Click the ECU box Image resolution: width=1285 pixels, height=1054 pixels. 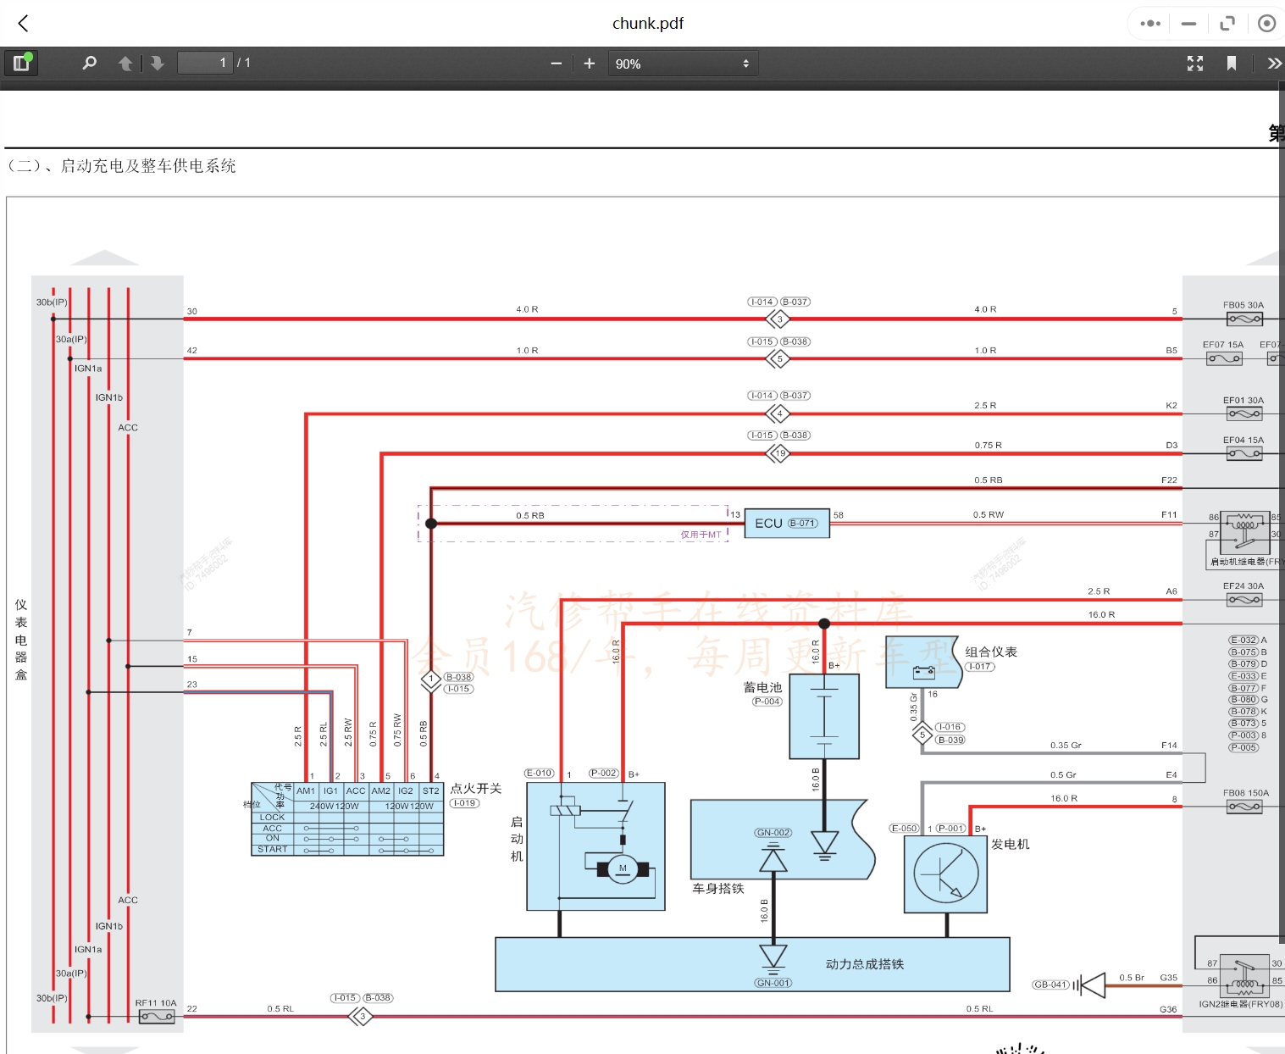point(786,524)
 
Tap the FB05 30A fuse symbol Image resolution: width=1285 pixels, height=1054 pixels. point(1244,319)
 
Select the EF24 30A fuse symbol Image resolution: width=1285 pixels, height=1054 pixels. point(1244,600)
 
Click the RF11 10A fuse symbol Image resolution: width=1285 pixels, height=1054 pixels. point(157,1017)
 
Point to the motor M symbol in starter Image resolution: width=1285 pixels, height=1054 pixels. point(623,868)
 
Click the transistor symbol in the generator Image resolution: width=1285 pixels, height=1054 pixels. point(945,874)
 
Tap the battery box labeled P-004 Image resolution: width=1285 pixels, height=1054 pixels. point(824,716)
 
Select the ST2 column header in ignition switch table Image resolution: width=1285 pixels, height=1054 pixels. point(431,790)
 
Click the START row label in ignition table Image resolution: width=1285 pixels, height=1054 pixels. point(273,849)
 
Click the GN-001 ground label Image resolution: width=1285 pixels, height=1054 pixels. point(773,983)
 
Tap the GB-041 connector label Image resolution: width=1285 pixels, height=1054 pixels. point(1051,985)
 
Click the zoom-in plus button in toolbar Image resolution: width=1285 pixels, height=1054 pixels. point(590,64)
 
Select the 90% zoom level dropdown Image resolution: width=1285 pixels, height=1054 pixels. point(682,64)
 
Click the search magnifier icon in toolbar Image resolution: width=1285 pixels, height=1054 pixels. point(89,63)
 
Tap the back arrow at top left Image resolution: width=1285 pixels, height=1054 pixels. point(24,24)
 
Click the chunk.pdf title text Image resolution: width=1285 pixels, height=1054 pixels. point(647,24)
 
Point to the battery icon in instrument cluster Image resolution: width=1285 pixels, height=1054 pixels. point(923,673)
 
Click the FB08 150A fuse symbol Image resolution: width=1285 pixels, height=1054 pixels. point(1244,807)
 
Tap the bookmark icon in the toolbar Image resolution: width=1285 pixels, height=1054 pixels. point(1232,64)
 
